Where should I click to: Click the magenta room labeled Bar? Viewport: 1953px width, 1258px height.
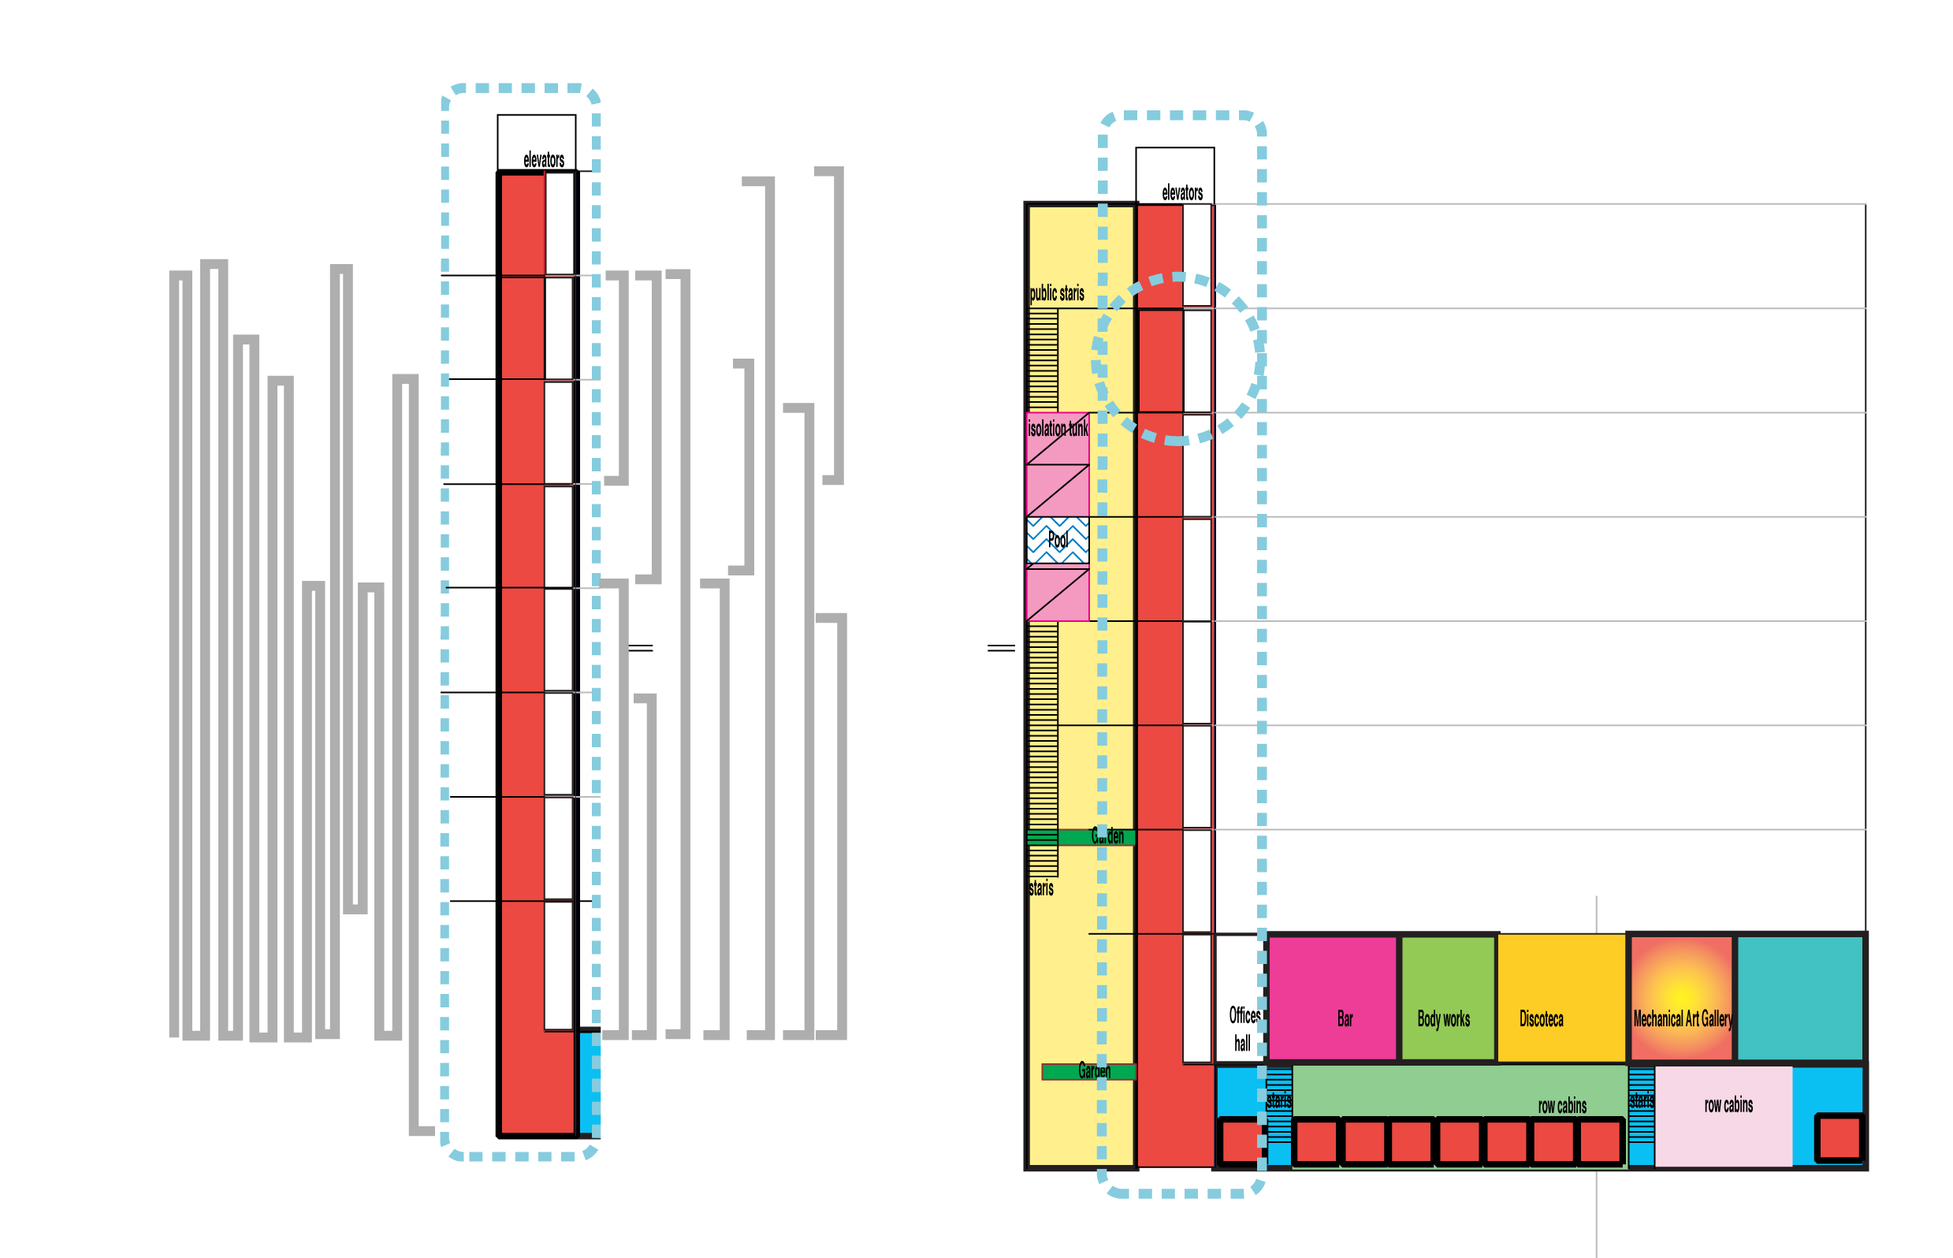click(x=1331, y=997)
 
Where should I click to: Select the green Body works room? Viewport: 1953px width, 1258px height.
click(x=1447, y=997)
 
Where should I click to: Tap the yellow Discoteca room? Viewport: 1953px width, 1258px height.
click(x=1560, y=997)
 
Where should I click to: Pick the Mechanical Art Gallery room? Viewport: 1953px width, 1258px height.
click(x=1681, y=997)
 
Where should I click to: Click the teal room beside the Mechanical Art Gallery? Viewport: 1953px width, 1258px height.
click(x=1799, y=997)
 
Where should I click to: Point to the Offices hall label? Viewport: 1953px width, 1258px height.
click(x=1242, y=1029)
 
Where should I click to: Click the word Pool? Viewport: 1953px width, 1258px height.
click(x=1057, y=540)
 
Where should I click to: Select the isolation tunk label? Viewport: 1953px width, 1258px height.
click(x=1057, y=429)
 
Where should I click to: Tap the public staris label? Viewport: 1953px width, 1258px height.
click(x=1056, y=293)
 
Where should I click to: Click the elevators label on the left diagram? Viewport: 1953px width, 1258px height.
click(x=543, y=160)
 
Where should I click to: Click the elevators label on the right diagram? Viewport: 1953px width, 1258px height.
click(x=1181, y=193)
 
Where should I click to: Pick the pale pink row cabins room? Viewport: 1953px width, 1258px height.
click(x=1724, y=1116)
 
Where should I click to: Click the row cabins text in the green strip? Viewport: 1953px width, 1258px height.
click(x=1561, y=1106)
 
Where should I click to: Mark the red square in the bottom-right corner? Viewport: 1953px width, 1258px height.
click(x=1838, y=1137)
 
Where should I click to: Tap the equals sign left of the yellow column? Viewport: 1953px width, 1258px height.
click(x=1001, y=648)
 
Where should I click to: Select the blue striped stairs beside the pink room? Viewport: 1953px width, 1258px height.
click(x=1640, y=1116)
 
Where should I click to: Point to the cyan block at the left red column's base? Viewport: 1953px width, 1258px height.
click(x=589, y=1083)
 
